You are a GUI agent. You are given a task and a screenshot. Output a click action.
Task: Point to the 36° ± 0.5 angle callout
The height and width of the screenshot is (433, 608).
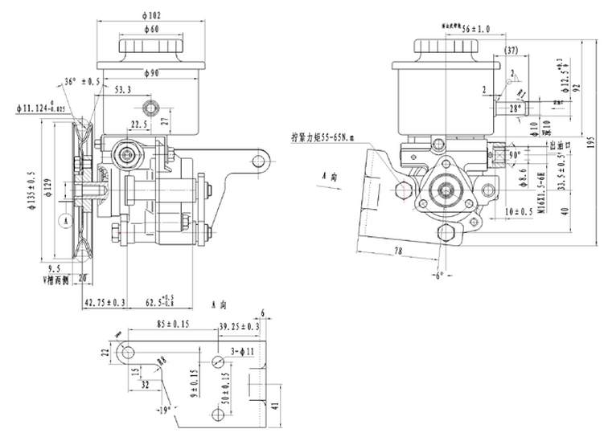82,82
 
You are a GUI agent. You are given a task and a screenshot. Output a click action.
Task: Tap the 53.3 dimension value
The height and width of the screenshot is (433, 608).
124,90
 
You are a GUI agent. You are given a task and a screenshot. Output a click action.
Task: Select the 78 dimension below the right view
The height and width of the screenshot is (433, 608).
399,251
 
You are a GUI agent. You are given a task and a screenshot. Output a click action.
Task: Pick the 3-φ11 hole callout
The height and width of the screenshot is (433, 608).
241,352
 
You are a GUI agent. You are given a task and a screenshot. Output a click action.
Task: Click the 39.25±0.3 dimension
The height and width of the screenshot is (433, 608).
239,326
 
